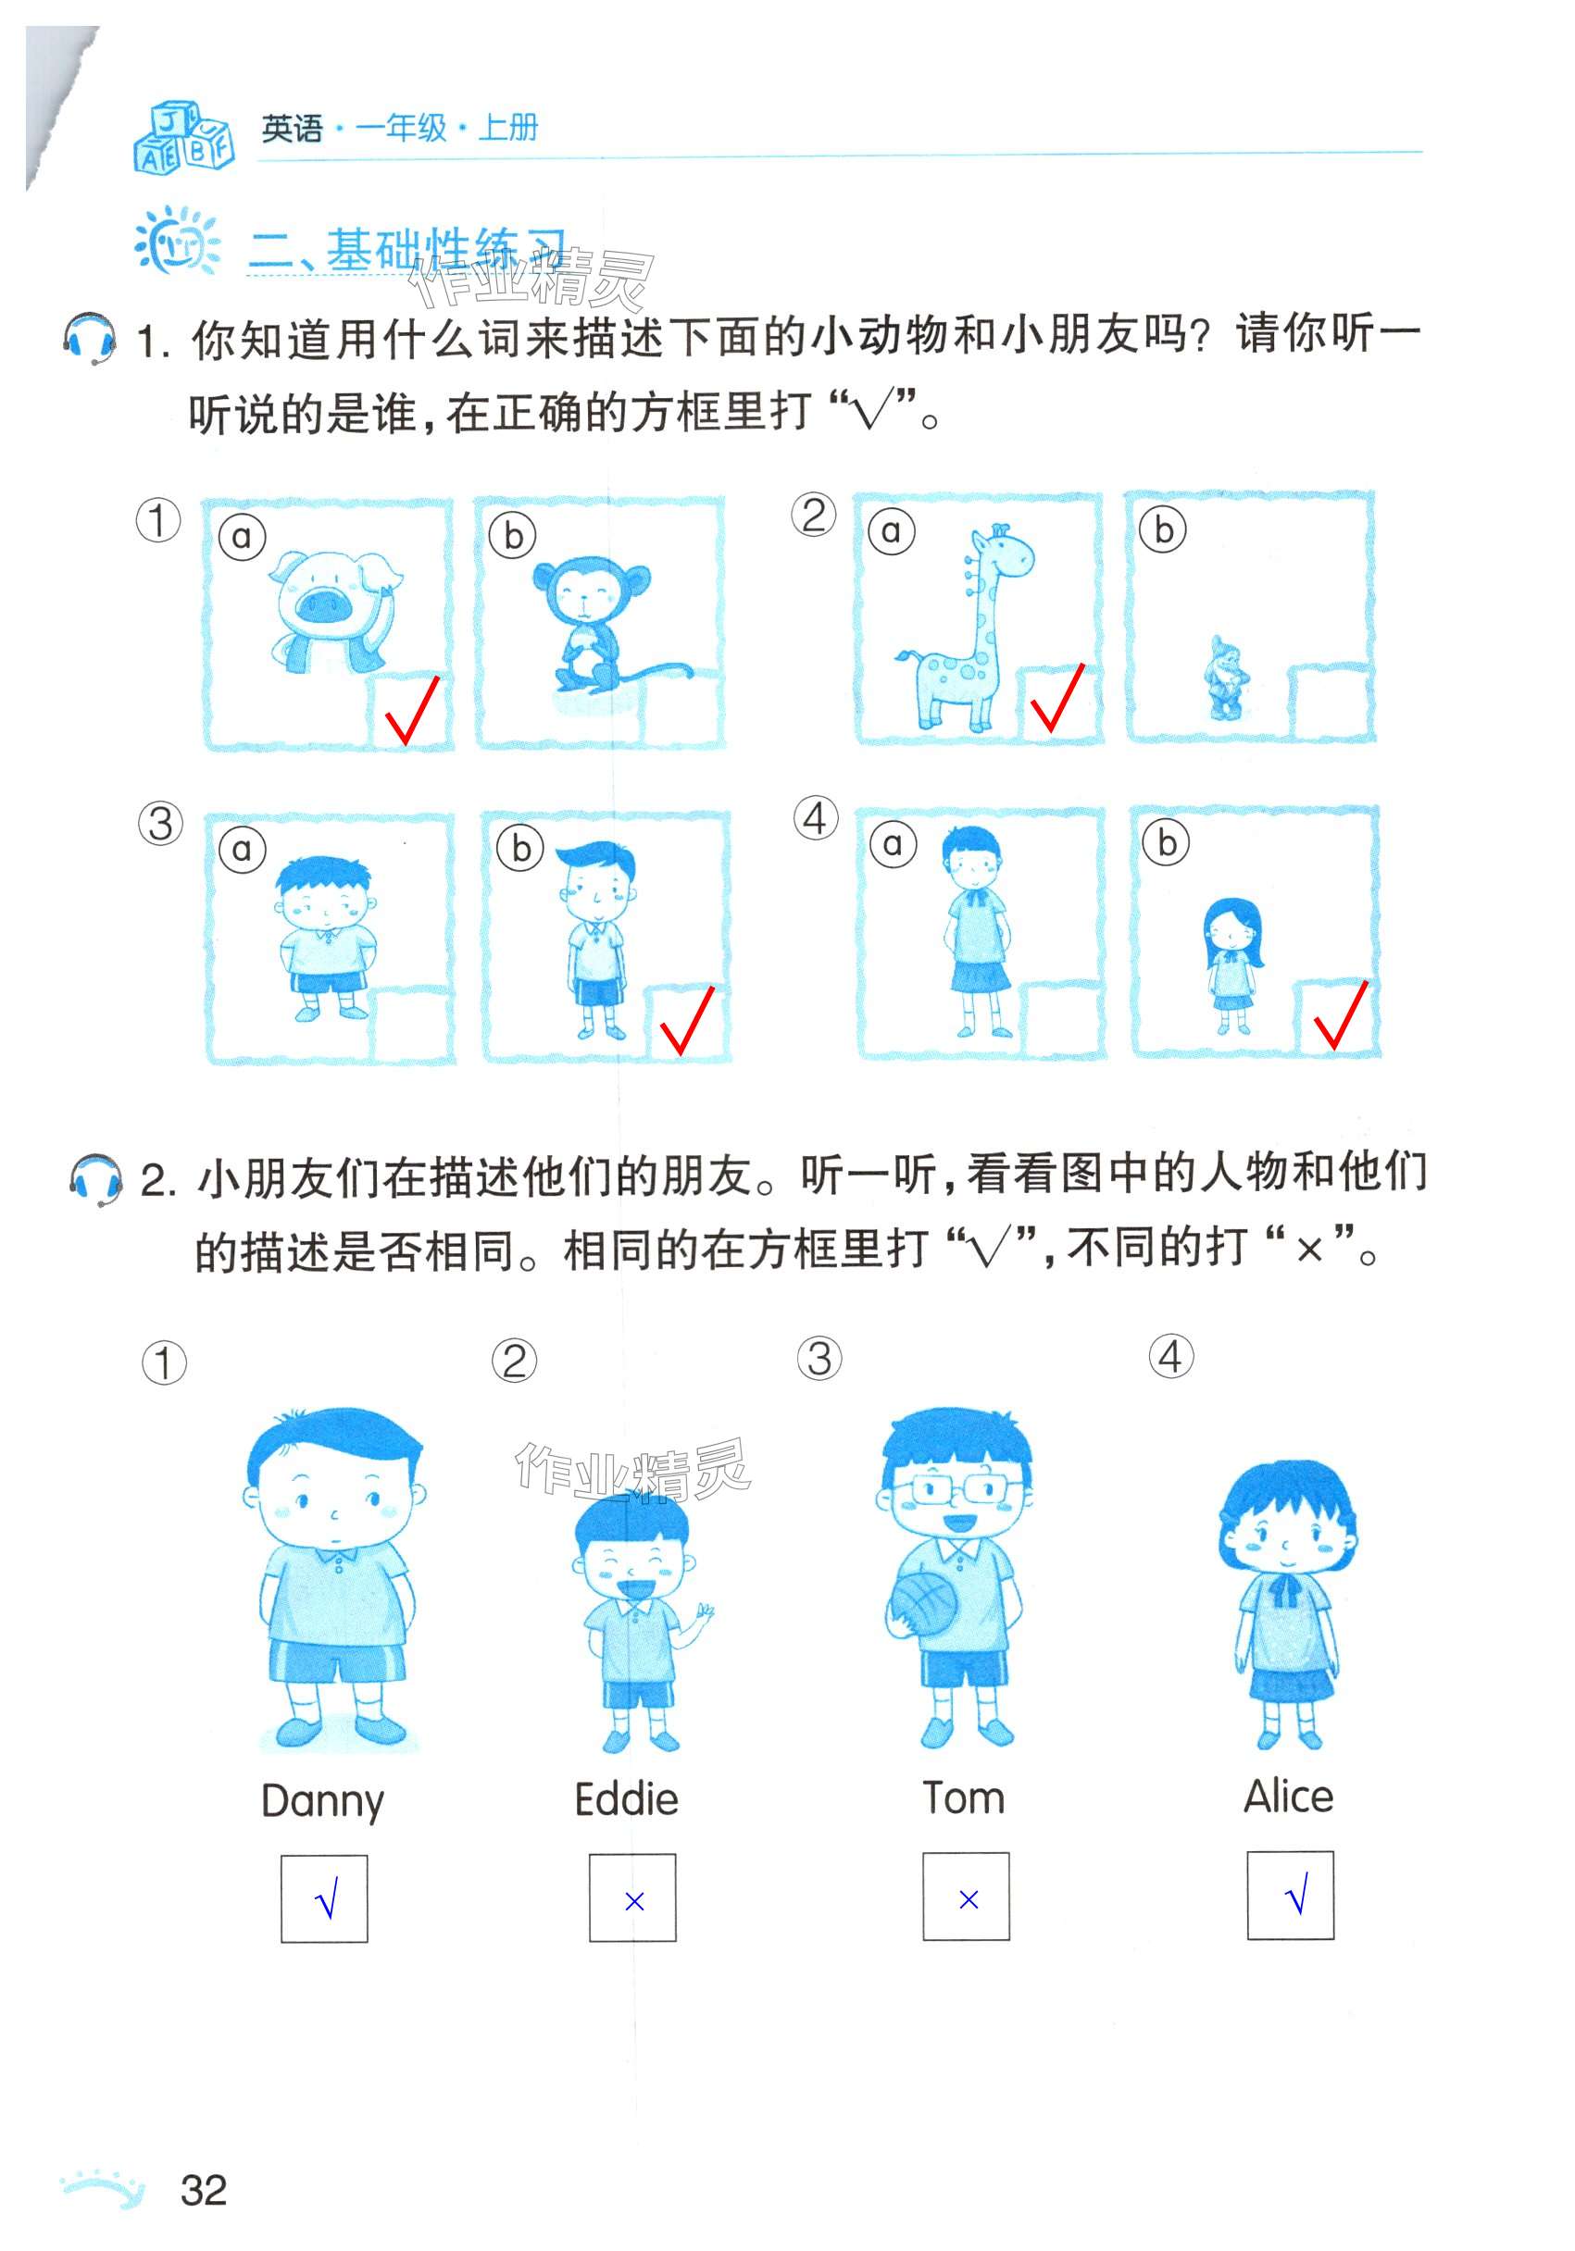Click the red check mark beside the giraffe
click(1056, 698)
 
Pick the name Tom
click(964, 1797)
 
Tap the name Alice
click(1289, 1795)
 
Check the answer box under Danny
click(325, 1898)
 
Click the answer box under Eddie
click(632, 1897)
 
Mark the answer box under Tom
click(966, 1897)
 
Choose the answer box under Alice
click(1291, 1895)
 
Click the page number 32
click(204, 2189)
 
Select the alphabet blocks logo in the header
click(183, 136)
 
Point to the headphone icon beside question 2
click(96, 1179)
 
